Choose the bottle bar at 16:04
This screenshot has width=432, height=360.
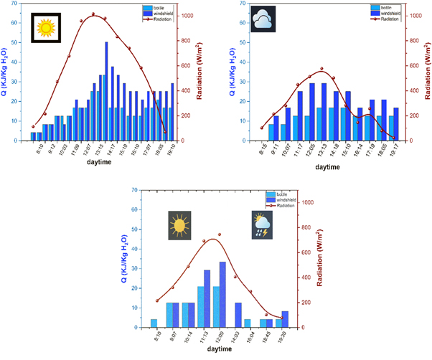pos(248,323)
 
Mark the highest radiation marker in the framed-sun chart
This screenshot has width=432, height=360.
pos(94,15)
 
